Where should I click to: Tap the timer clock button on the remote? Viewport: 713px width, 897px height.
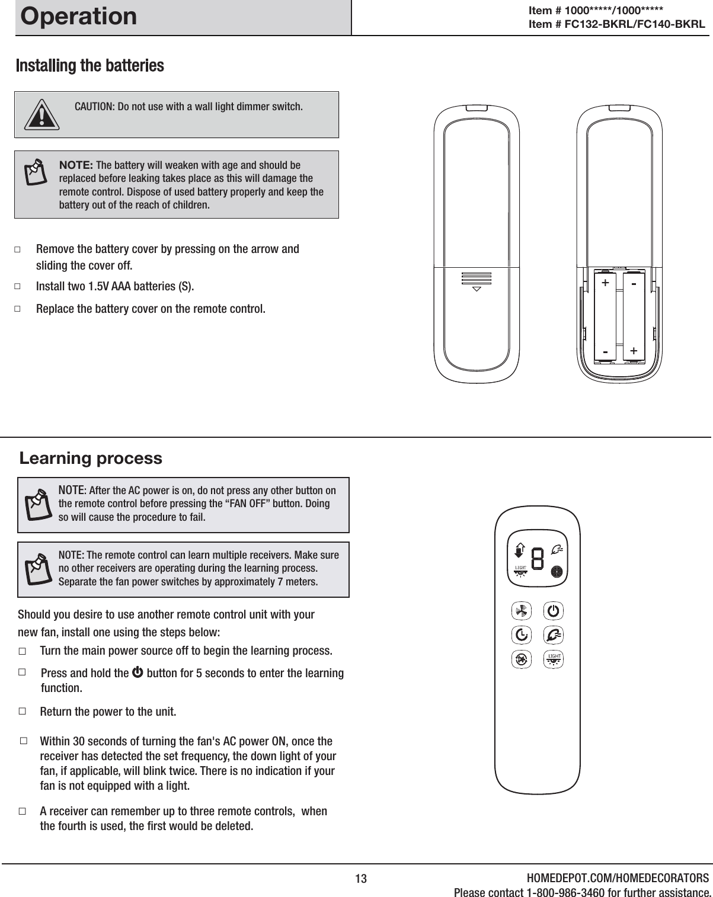click(x=521, y=635)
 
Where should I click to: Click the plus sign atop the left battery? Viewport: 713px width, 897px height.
click(x=605, y=283)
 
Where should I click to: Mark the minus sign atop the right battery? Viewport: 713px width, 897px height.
click(x=634, y=285)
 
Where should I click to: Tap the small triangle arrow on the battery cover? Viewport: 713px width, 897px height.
click(x=476, y=290)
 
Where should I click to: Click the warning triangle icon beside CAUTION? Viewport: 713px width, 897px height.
click(x=41, y=114)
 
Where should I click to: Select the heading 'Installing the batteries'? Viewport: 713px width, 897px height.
click(x=89, y=65)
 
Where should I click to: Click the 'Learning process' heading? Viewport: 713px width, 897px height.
click(x=91, y=458)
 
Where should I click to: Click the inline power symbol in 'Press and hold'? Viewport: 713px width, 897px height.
click(x=138, y=674)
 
